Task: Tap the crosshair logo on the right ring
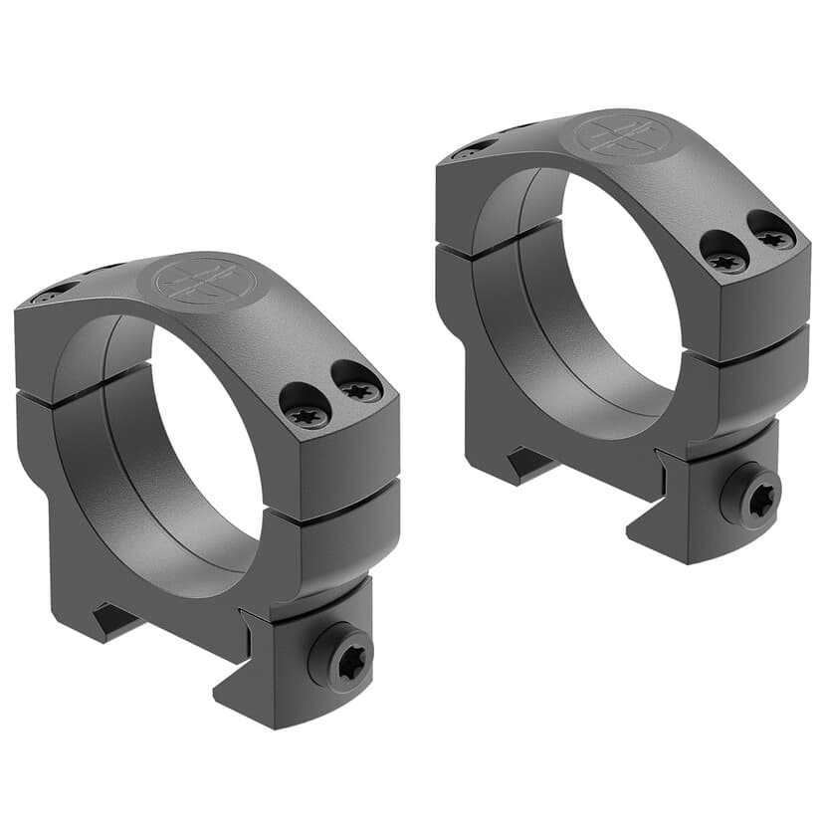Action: point(614,137)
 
